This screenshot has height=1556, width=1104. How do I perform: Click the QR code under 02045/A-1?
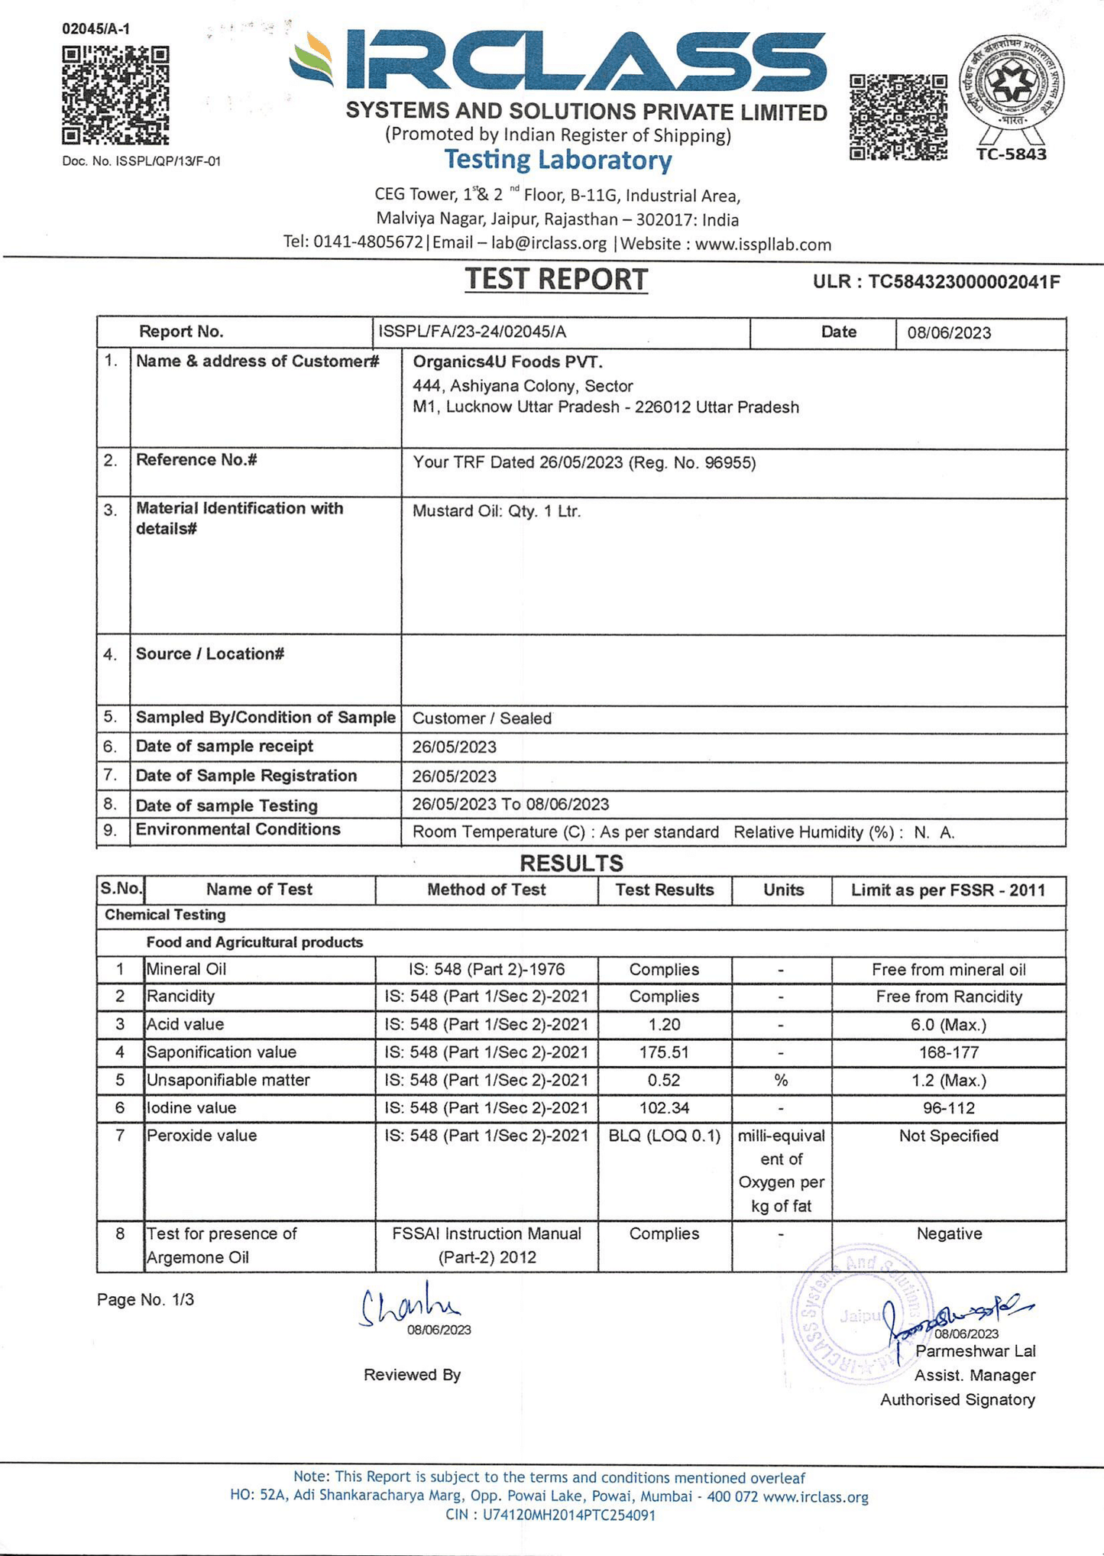(115, 96)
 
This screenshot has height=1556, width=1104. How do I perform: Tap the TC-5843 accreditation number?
(1011, 154)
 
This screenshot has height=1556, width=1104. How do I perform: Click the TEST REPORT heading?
(556, 280)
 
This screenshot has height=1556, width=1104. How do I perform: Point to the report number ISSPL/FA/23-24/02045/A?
(472, 332)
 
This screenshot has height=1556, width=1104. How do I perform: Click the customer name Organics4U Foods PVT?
(507, 361)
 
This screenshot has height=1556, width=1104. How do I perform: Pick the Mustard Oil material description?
(497, 511)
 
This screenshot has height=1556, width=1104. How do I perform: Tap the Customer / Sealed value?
(481, 718)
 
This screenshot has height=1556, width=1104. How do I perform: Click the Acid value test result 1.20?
(663, 1025)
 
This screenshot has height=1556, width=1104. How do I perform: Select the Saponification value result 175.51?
(663, 1052)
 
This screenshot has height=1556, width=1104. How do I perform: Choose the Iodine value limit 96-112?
(948, 1108)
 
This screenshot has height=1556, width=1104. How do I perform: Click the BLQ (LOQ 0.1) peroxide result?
(664, 1136)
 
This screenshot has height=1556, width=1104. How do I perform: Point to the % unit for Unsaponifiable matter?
(781, 1081)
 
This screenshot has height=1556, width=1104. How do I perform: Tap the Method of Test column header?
(486, 890)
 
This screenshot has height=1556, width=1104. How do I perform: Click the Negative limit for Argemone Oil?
(949, 1233)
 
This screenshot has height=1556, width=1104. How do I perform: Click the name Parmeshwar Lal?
(975, 1351)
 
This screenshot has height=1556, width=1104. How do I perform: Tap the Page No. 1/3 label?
(145, 1300)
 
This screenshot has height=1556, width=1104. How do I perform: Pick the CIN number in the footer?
(550, 1515)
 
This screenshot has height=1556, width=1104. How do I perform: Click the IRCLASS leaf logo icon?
(312, 61)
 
